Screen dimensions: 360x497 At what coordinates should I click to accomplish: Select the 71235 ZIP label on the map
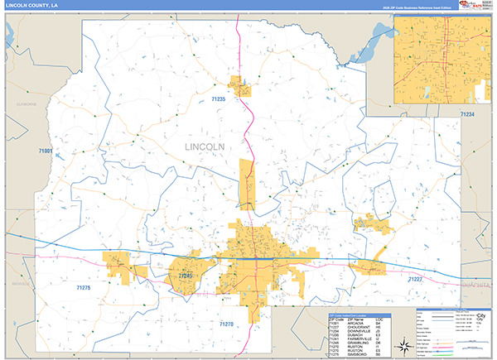pos(219,99)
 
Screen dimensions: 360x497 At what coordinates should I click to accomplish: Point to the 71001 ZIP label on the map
pos(46,151)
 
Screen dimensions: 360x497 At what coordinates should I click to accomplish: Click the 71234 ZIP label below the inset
pos(468,114)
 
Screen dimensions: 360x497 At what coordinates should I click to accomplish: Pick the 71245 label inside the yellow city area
pos(185,275)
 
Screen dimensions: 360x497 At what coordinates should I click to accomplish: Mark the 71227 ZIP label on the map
pos(415,280)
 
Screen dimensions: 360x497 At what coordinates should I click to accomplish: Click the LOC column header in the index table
pos(378,318)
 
